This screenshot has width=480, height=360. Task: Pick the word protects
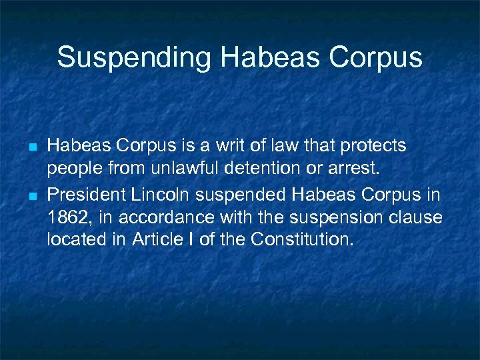coord(375,145)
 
